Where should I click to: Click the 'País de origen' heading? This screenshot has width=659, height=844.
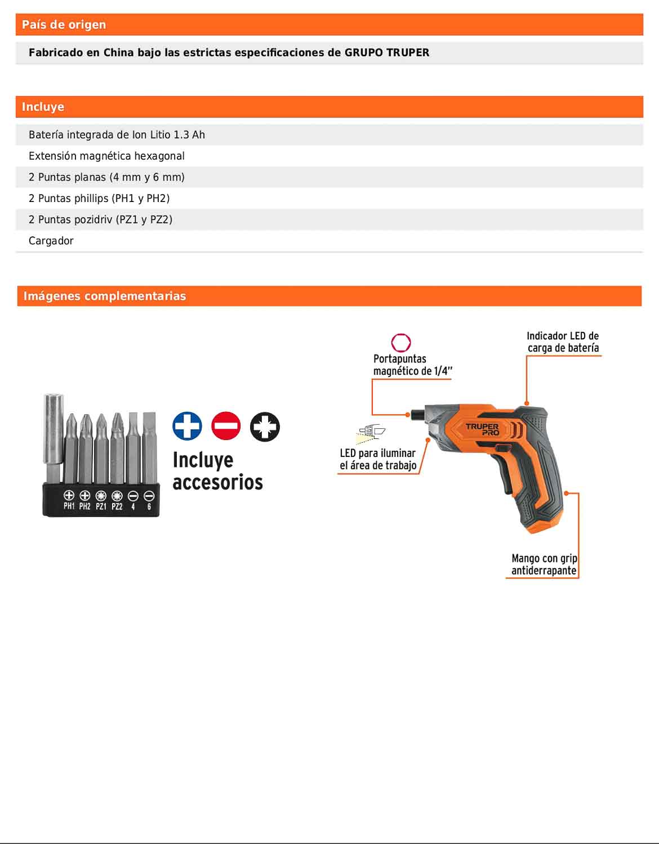click(x=64, y=25)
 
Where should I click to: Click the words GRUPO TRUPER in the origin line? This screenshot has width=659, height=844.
click(x=386, y=52)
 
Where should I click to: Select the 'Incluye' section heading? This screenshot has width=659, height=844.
click(x=43, y=107)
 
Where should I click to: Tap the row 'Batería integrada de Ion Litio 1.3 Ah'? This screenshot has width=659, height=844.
click(x=117, y=134)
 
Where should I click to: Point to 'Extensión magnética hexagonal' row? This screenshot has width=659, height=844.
click(x=106, y=156)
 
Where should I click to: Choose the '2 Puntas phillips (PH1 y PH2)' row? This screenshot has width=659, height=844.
click(x=99, y=198)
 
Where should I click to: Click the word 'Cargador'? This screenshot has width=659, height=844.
click(x=51, y=241)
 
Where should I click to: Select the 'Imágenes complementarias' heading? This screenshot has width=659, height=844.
click(x=104, y=296)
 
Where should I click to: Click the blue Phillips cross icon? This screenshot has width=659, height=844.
click(x=187, y=426)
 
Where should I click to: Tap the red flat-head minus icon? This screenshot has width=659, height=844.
click(x=226, y=426)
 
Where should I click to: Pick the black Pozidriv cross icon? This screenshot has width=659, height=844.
click(x=265, y=426)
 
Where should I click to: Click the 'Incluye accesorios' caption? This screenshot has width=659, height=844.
click(x=217, y=471)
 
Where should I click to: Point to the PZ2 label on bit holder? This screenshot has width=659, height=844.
click(x=117, y=506)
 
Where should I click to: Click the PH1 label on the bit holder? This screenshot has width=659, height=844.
click(x=69, y=506)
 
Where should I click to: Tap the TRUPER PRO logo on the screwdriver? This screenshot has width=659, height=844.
click(x=483, y=429)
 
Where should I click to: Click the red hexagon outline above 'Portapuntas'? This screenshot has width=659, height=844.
click(x=401, y=343)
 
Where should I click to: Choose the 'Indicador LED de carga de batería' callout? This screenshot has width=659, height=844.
click(x=563, y=342)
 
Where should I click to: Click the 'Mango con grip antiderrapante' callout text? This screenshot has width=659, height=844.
click(x=544, y=564)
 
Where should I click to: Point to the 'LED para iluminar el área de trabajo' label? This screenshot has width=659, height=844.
click(x=378, y=459)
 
